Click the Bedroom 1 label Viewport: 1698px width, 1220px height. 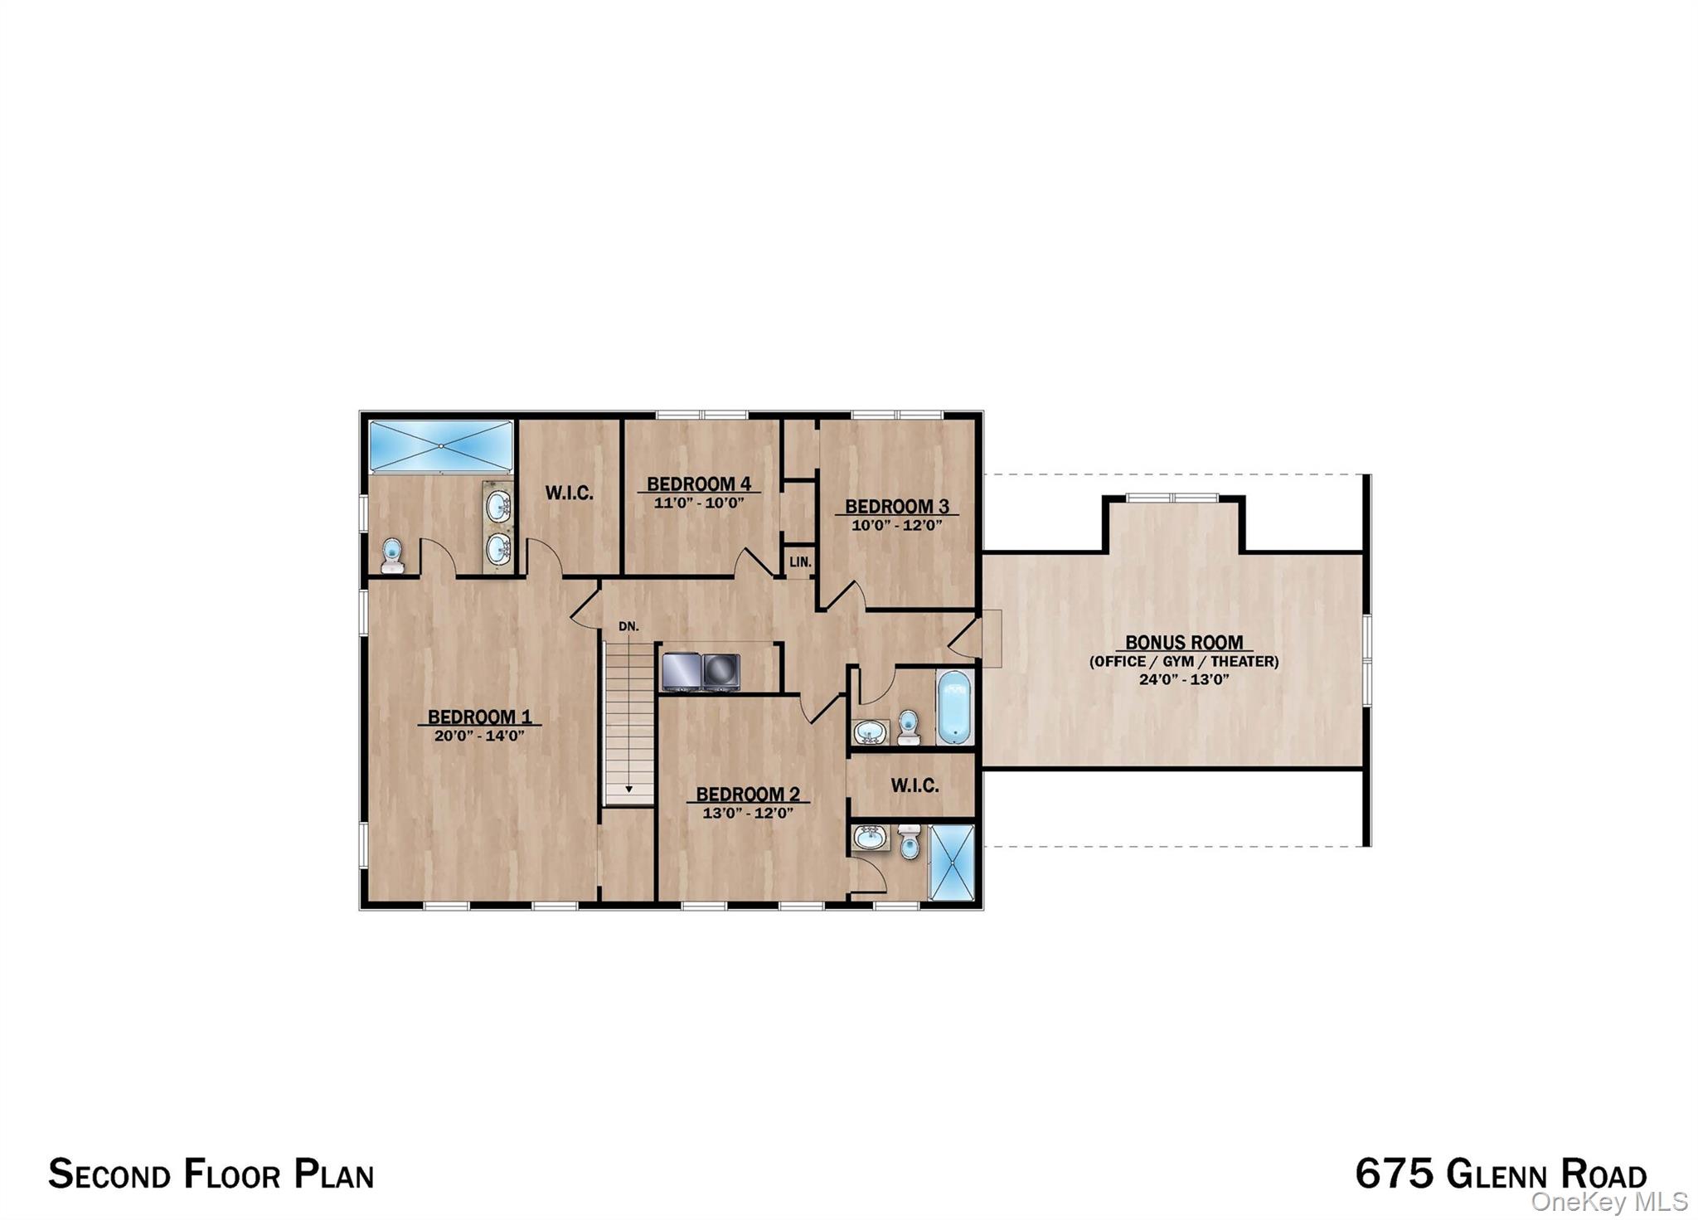(x=479, y=717)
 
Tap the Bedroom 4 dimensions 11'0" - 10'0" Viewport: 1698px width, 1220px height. (x=699, y=503)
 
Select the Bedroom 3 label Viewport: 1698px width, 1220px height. (x=896, y=506)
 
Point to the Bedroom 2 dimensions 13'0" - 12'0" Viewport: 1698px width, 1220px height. (x=748, y=814)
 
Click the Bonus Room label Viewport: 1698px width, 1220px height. (x=1183, y=642)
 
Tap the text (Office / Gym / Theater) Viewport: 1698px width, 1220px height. (x=1183, y=661)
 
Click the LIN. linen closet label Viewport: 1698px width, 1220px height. (x=799, y=561)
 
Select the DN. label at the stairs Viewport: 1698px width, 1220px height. (x=628, y=626)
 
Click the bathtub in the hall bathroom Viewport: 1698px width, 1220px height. (x=953, y=707)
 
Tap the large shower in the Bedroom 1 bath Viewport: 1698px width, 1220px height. (x=440, y=446)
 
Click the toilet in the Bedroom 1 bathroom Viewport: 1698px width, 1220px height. (x=392, y=555)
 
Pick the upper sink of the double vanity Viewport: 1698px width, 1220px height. (x=497, y=505)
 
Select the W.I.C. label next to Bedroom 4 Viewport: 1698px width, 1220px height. (x=569, y=493)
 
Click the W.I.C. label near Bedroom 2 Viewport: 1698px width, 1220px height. (x=914, y=785)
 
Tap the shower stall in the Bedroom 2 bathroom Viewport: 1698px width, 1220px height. (x=951, y=862)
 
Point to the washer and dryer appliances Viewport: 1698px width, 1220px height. (x=701, y=671)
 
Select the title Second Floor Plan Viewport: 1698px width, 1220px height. (x=211, y=1174)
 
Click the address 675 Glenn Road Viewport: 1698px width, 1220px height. (x=1501, y=1174)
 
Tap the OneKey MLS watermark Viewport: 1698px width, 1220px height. (x=1608, y=1202)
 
